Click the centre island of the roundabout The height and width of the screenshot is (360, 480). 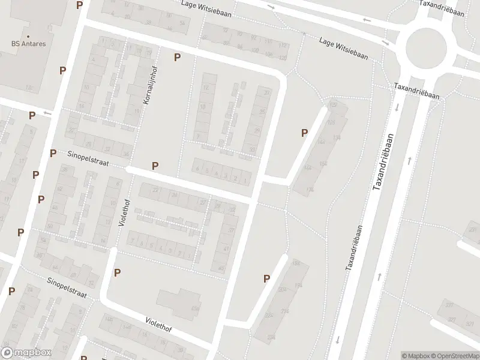[x=426, y=49]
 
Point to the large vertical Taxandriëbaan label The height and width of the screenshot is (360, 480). [x=385, y=162]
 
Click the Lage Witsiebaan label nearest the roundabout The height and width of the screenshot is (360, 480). [x=343, y=45]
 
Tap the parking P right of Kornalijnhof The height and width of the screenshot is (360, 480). [x=177, y=57]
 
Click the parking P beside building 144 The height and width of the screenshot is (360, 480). [x=304, y=133]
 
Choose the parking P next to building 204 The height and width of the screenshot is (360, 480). [x=266, y=278]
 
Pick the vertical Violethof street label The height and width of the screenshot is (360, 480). [x=123, y=212]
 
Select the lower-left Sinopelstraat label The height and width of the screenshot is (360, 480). [x=67, y=287]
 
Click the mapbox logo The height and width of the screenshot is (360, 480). [x=26, y=353]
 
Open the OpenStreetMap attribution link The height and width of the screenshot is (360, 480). [x=454, y=356]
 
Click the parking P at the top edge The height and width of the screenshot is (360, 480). [x=79, y=5]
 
